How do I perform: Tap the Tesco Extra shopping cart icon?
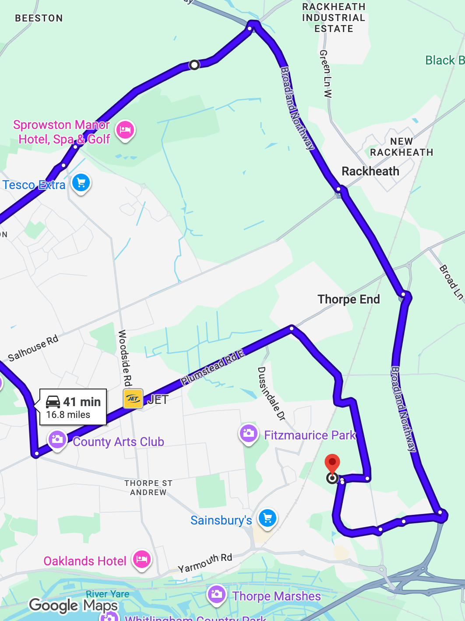point(81,182)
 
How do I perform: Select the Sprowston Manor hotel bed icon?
point(125,130)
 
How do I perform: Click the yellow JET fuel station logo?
point(133,399)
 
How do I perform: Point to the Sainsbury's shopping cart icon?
point(268,518)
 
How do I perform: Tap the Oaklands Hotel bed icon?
point(142,559)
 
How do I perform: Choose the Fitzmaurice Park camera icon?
point(248,433)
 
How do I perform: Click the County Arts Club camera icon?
point(57,439)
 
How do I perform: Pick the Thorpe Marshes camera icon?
point(216,594)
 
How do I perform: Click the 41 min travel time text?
point(82,402)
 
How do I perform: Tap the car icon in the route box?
point(53,401)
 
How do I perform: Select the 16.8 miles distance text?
point(68,415)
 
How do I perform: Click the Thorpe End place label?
point(349,299)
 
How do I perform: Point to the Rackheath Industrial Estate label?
point(334,18)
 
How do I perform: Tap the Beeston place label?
point(39,18)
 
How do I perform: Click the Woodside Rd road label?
point(125,357)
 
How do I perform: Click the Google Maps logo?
point(73,605)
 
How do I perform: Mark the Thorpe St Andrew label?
point(148,488)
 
